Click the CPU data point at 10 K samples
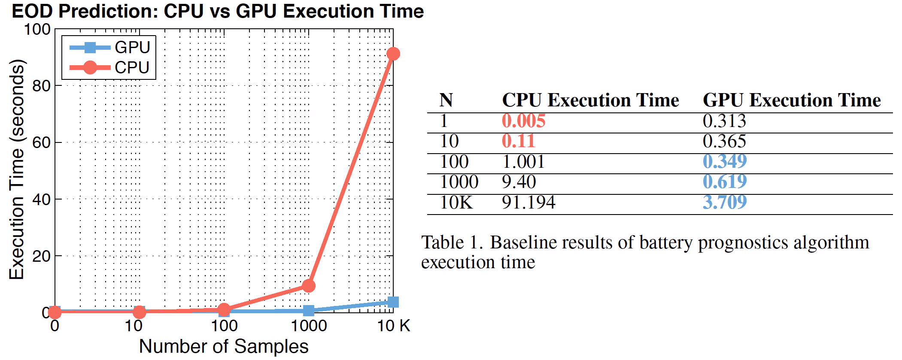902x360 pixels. click(393, 54)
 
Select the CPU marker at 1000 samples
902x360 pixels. click(308, 285)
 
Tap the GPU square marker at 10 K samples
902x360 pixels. click(393, 302)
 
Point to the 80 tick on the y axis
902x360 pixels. click(41, 86)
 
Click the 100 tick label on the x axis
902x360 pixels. click(224, 326)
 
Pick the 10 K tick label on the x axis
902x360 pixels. click(393, 326)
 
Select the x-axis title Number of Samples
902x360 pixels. click(223, 346)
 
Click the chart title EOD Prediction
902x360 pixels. click(217, 11)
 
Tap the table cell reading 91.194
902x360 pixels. click(528, 202)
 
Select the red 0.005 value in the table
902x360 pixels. click(523, 121)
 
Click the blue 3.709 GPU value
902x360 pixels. click(724, 202)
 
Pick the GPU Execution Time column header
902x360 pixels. click(791, 100)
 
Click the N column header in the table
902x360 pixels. click(446, 100)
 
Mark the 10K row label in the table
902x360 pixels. click(456, 202)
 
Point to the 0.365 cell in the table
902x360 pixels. click(724, 141)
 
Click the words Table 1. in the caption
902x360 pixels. click(452, 243)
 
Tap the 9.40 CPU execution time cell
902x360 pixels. click(519, 182)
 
